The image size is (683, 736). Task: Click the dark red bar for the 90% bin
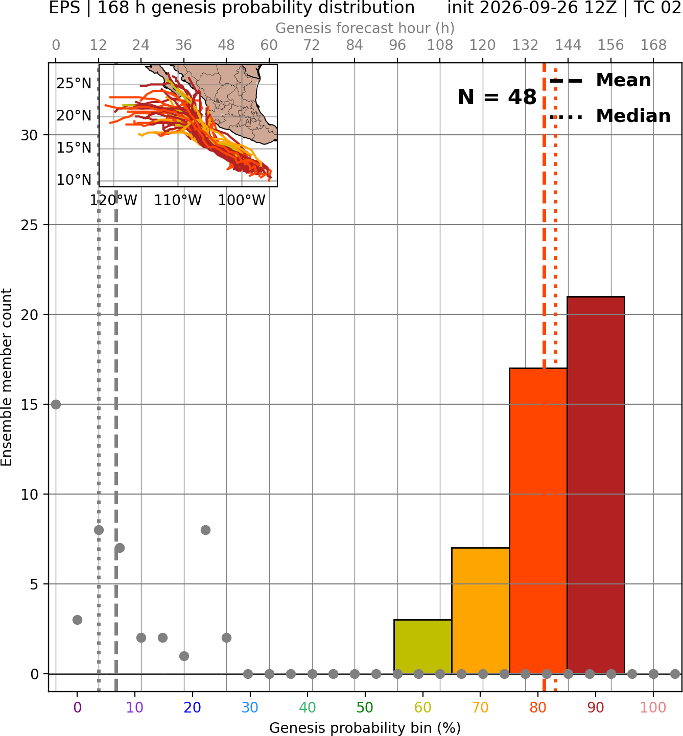[596, 485]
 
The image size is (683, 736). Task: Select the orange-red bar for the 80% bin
[538, 521]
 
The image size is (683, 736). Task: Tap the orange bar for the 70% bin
[480, 611]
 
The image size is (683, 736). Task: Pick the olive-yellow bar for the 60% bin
[423, 647]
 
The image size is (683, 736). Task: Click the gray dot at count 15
[56, 404]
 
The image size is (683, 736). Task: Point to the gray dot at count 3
[77, 620]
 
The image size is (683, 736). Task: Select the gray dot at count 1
[184, 656]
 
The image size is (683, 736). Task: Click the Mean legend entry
[600, 81]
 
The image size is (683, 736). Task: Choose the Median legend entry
[610, 116]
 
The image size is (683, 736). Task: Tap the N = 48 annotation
[497, 97]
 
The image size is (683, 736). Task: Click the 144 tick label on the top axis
[568, 45]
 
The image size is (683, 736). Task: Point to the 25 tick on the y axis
[29, 225]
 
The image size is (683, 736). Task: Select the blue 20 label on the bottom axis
[193, 707]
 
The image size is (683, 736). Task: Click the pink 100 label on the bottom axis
[653, 707]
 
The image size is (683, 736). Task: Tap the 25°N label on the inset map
[74, 84]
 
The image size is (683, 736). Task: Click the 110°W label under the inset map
[178, 201]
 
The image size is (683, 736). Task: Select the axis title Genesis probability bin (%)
[365, 728]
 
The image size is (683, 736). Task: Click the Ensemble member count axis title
[6, 377]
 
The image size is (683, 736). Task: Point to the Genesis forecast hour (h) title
[365, 28]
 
